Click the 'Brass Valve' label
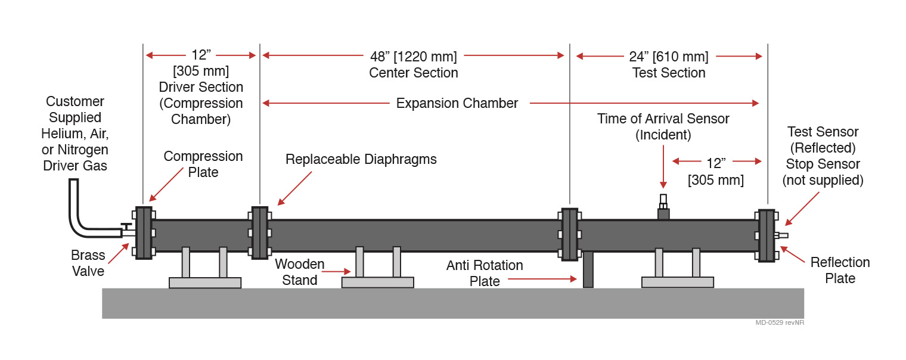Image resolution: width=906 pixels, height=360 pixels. pos(88,263)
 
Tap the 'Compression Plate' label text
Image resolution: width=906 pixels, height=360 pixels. pos(203,164)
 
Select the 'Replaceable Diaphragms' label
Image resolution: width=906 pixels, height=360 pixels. pos(361,159)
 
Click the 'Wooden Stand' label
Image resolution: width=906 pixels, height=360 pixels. pos(299,272)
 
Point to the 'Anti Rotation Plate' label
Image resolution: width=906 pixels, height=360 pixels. pos(485,273)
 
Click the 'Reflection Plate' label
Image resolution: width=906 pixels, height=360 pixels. pos(840,270)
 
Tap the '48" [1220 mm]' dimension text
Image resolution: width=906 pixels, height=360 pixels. pos(413,57)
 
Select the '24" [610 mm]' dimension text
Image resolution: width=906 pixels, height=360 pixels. pos(668,57)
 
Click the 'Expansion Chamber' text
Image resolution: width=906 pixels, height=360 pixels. pos(457,103)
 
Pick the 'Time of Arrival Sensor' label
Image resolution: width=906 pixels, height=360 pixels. pos(663,119)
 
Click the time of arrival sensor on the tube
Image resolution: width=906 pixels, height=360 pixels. pos(663,206)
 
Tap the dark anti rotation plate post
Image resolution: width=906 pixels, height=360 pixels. pos(588,269)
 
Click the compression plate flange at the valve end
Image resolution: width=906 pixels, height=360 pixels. pos(144,232)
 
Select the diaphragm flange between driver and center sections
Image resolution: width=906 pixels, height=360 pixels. pos(259,232)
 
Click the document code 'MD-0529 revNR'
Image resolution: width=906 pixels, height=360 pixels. pos(783,322)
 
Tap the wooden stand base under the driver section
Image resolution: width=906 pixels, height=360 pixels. pos(205,283)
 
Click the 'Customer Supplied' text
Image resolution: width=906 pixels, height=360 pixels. pos(75,109)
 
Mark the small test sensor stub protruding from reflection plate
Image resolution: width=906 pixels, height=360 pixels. pos(783,235)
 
